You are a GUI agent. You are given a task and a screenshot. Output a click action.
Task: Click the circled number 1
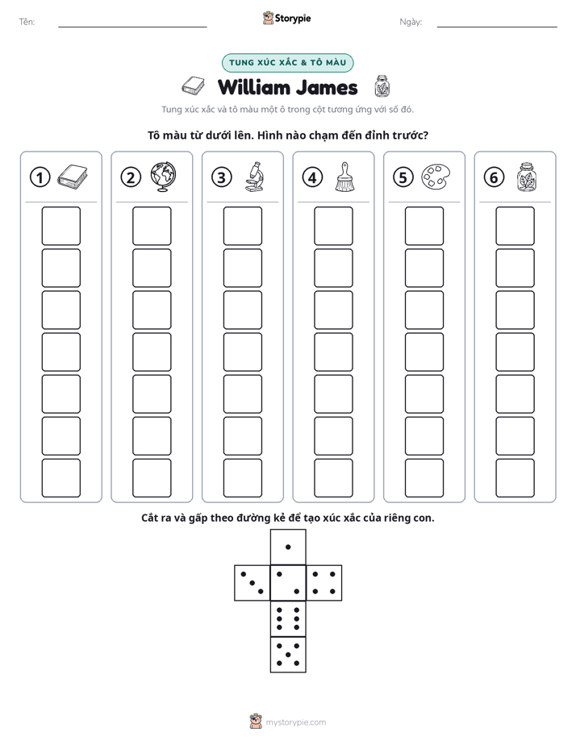point(40,177)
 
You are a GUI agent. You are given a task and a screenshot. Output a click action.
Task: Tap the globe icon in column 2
point(163,177)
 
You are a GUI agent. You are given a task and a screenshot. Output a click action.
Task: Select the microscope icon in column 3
point(254,177)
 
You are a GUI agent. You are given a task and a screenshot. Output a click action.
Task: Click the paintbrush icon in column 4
point(344,177)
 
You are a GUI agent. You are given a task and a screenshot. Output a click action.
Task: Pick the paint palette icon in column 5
point(436,177)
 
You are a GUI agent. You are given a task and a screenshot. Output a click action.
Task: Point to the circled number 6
point(494,177)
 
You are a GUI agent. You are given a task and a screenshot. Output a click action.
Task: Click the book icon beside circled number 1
point(73,177)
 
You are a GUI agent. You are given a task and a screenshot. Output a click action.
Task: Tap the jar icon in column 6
point(527,177)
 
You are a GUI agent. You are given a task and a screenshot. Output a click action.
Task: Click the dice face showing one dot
point(288,547)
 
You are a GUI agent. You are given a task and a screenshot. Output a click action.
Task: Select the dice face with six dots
point(288,618)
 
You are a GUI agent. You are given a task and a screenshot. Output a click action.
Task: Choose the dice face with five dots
point(288,654)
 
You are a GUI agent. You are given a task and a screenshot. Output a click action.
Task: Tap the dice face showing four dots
point(324,582)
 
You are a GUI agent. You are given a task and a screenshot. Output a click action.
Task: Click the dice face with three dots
point(253,582)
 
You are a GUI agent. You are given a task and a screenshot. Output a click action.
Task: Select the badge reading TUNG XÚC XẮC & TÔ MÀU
point(287,63)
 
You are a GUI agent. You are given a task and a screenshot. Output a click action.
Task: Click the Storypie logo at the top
point(286,19)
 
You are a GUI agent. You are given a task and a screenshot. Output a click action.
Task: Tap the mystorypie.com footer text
point(295,722)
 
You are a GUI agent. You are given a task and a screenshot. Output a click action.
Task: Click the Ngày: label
point(411,22)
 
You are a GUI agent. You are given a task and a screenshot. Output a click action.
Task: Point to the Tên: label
point(27,22)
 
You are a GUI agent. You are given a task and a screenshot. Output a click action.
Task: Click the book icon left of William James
point(193,85)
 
